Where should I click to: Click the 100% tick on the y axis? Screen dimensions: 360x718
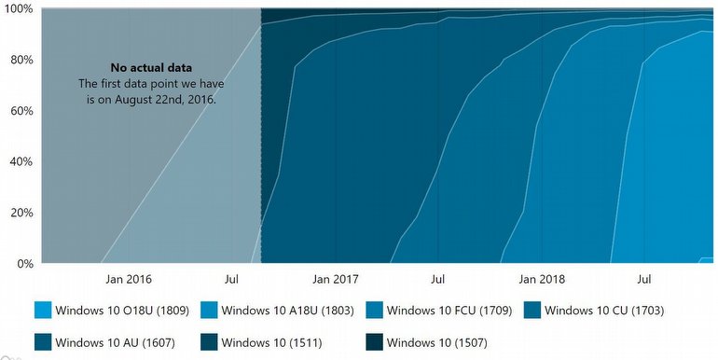coord(19,8)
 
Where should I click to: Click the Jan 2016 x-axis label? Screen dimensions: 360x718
coord(128,279)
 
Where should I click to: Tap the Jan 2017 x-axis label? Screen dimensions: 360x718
coord(335,279)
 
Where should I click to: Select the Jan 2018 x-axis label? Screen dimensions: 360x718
coord(541,279)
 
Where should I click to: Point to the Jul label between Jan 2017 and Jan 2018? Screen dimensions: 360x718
coord(437,279)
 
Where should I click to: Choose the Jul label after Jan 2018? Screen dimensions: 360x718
coord(643,279)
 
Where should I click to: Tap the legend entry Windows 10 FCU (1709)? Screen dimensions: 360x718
coord(448,310)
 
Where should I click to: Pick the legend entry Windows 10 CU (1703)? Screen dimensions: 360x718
coord(603,310)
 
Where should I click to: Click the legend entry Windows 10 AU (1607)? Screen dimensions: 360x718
coord(114,340)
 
